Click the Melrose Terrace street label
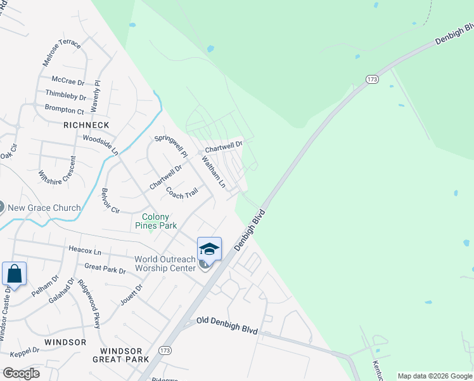(x=61, y=53)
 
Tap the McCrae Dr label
(x=68, y=82)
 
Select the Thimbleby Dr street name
(x=65, y=96)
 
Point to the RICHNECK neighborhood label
(x=86, y=125)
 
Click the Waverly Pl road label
(x=96, y=97)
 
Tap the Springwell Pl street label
(x=171, y=145)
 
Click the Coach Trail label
(x=182, y=192)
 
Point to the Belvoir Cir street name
(x=111, y=201)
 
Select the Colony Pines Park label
(x=155, y=221)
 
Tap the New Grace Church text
(x=44, y=208)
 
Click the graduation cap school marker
(x=209, y=248)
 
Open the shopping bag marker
(x=14, y=274)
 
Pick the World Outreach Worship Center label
(x=165, y=264)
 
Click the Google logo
(x=21, y=373)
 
